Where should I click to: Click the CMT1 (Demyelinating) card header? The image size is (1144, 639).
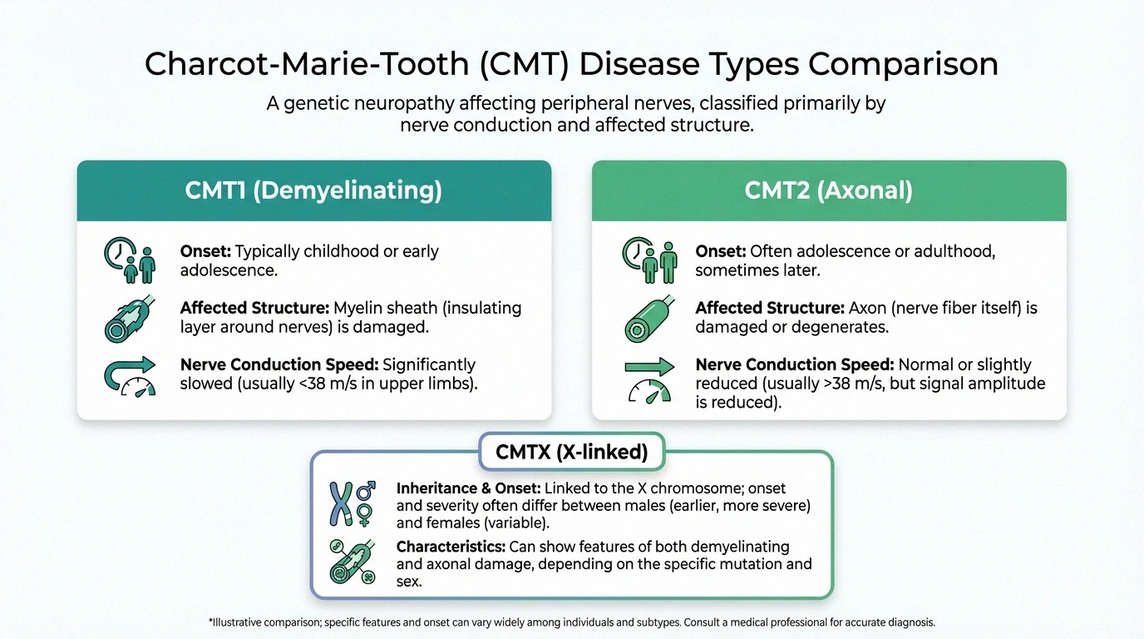click(x=313, y=191)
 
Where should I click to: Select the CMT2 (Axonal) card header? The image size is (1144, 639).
click(x=828, y=191)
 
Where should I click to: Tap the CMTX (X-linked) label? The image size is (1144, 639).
click(x=571, y=453)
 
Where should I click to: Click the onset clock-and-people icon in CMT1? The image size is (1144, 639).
click(x=130, y=260)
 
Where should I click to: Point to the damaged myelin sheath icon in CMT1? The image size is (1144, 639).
click(x=129, y=318)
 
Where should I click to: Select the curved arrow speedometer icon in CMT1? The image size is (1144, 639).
click(x=130, y=375)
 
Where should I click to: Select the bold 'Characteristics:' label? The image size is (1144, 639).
click(x=449, y=547)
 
